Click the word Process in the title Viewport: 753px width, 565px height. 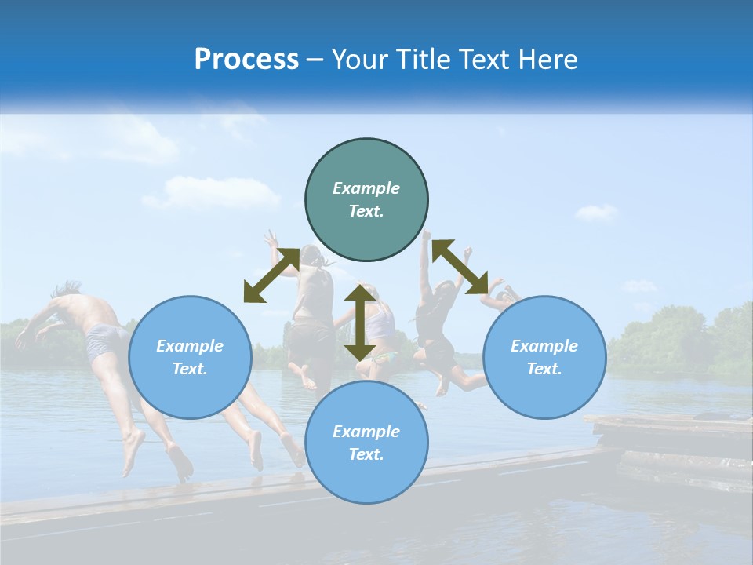pos(246,60)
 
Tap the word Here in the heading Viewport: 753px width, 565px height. pos(547,60)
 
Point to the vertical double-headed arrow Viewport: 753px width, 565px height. pos(360,322)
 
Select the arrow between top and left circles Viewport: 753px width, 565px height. pos(271,275)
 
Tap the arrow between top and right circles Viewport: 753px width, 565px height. pos(460,267)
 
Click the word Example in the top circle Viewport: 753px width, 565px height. pos(366,188)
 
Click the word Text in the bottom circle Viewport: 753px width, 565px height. pos(366,454)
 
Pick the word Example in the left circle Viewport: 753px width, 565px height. pos(190,346)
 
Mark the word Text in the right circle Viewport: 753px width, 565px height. pos(544,369)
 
